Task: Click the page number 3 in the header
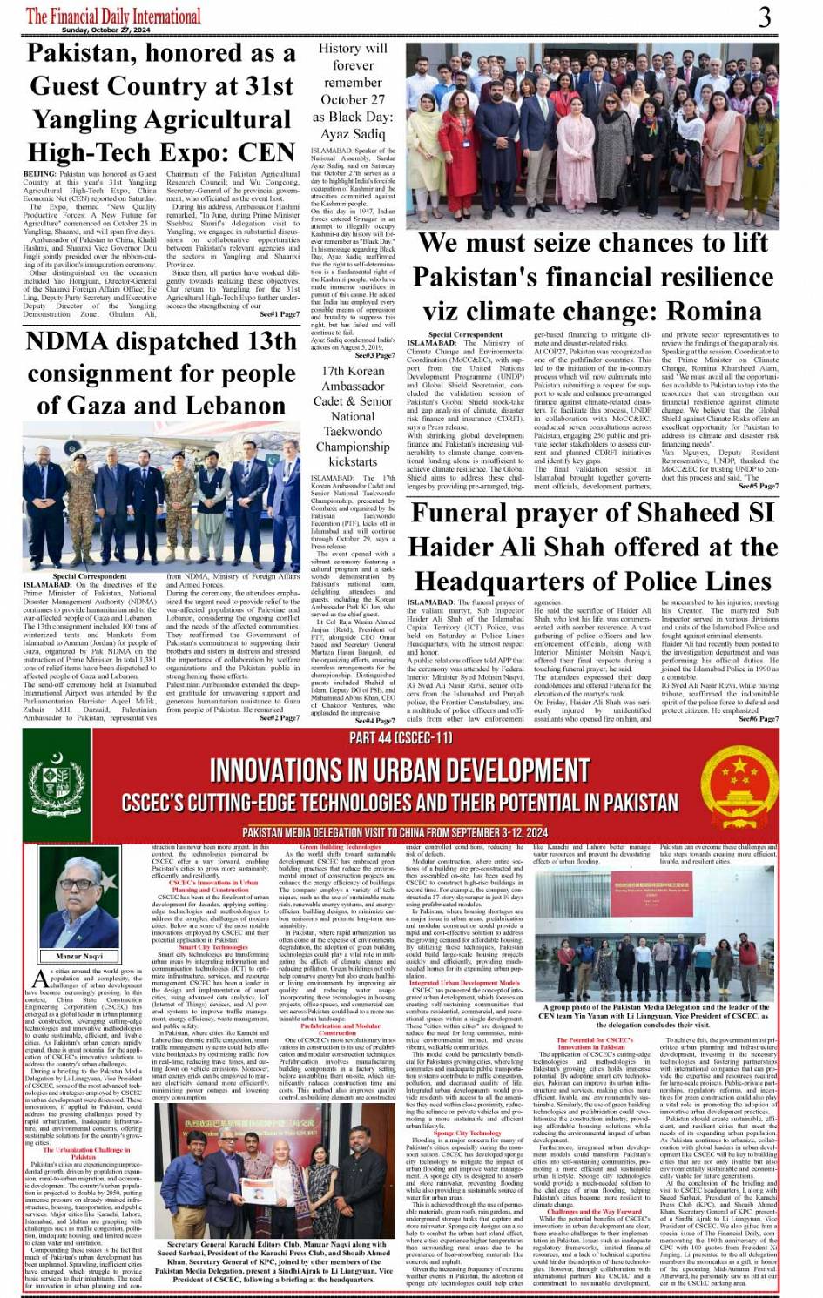pos(765,17)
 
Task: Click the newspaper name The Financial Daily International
pos(113,16)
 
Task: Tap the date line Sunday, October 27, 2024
pos(106,30)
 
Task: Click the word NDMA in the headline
pos(73,341)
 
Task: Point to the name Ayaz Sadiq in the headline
pos(353,133)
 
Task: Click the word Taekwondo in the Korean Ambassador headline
pos(353,432)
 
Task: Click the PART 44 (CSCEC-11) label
pos(401,738)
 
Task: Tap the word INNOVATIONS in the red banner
pos(277,770)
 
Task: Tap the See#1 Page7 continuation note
pos(278,313)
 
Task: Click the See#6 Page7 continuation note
pos(759,719)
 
